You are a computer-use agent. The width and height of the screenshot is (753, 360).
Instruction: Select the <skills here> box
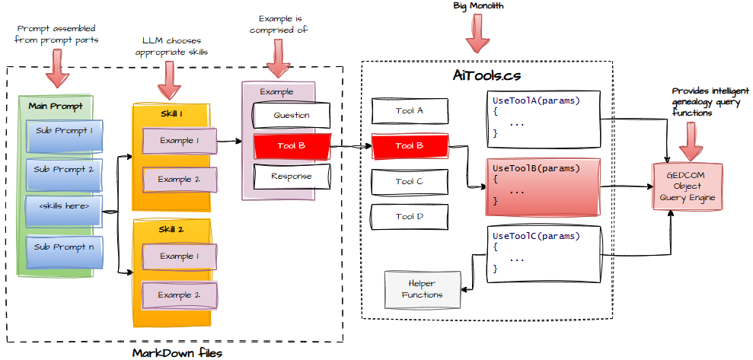64,205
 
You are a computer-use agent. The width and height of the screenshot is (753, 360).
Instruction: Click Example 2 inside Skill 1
179,180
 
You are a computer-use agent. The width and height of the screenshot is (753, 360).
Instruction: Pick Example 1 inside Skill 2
179,256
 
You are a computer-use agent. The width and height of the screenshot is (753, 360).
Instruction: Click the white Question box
292,115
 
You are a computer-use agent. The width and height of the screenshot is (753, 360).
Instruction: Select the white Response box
292,177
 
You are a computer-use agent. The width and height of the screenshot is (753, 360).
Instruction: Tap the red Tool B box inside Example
292,145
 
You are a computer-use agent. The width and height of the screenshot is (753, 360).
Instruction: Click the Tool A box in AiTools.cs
409,110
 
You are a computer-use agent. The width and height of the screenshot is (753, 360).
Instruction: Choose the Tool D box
409,217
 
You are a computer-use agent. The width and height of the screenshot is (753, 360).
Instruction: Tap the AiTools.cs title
487,78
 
